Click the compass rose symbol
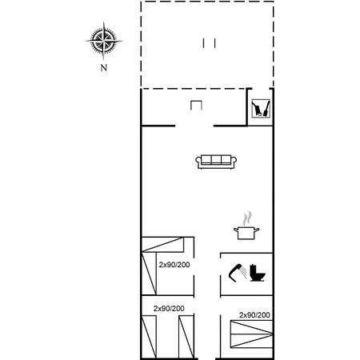104,41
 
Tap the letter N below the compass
104,68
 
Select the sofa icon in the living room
216,162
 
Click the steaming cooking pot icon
246,226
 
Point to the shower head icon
238,273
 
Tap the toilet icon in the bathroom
258,273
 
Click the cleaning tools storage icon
261,108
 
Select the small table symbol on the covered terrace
196,106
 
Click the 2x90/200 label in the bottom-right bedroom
254,315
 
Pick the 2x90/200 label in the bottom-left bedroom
169,309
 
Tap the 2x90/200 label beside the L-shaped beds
174,265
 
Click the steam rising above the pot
248,218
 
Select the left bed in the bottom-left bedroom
149,337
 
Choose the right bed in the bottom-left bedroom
186,337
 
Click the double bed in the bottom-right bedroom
251,334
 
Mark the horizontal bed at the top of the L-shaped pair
162,245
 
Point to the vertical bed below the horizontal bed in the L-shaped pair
149,274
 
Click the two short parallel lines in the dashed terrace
209,43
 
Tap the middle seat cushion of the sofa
216,160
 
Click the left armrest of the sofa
198,161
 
